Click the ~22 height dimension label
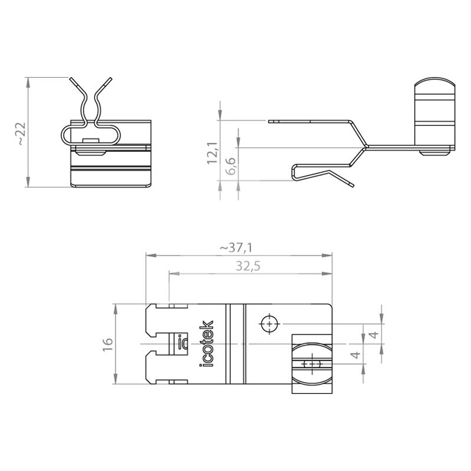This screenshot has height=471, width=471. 22,134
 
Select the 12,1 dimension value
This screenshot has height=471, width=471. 212,153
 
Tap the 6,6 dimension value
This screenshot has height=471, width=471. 231,166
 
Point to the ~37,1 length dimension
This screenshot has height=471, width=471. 236,248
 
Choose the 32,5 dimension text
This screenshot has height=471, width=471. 248,266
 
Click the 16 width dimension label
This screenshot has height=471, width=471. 107,344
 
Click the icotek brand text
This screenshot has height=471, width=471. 206,344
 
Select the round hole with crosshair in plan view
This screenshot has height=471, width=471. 270,324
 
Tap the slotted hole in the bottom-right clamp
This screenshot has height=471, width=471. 313,364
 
